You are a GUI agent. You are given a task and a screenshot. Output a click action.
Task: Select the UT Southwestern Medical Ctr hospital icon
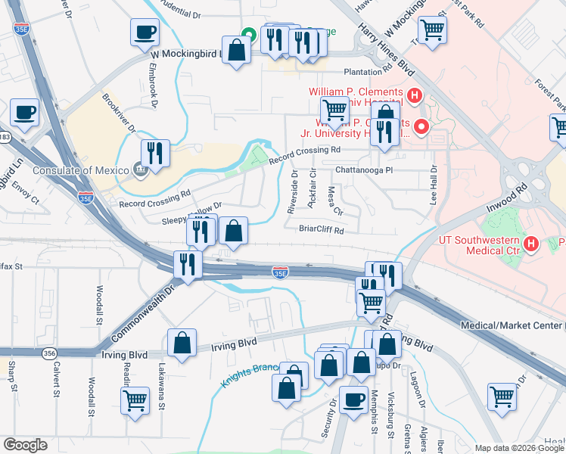(531, 244)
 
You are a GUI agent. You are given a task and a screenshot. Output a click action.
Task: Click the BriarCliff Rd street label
(321, 229)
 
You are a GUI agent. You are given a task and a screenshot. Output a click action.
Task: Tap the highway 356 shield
(50, 353)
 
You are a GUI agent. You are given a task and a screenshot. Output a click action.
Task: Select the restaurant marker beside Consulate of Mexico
(155, 153)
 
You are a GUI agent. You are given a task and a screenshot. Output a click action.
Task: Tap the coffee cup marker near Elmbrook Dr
(144, 32)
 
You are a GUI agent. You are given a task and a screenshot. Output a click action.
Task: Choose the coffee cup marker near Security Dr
(353, 399)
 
